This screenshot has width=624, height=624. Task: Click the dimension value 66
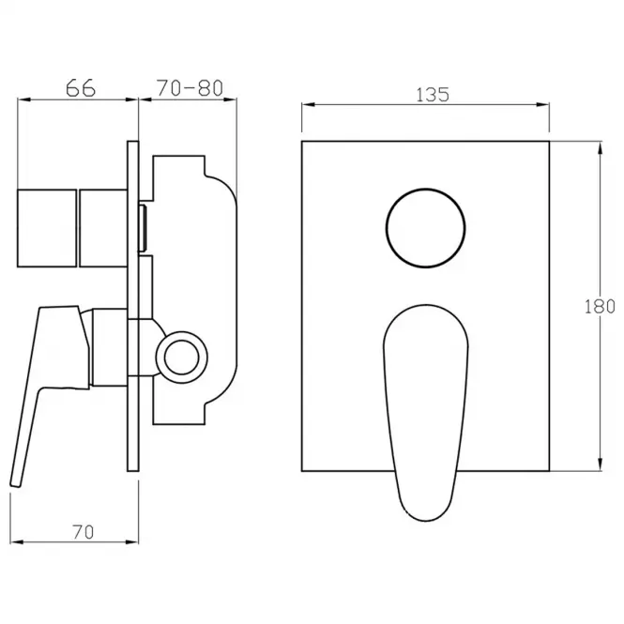pyautogui.click(x=81, y=88)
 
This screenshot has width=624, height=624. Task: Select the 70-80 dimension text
pyautogui.click(x=190, y=88)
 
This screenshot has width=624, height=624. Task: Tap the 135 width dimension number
pyautogui.click(x=433, y=95)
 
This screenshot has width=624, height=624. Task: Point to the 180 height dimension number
pyautogui.click(x=600, y=307)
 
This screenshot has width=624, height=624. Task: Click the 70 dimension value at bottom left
pyautogui.click(x=84, y=532)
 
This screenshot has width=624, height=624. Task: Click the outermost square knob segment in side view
pyautogui.click(x=47, y=228)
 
